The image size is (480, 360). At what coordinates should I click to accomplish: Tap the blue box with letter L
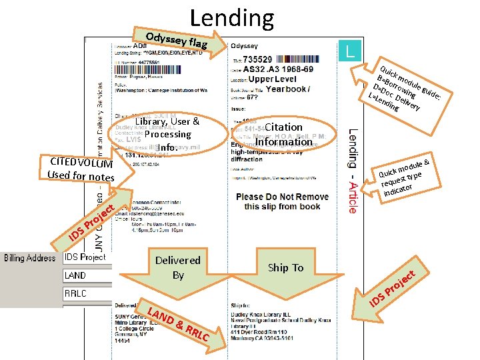pos(351,50)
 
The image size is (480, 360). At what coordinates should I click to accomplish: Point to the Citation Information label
pos(283,134)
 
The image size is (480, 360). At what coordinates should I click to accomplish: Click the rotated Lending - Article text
pos(353,171)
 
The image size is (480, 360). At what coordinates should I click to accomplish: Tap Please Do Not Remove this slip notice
pos(283,201)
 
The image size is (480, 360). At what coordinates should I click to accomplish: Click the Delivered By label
pos(177,267)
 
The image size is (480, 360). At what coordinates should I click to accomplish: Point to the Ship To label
pos(285,267)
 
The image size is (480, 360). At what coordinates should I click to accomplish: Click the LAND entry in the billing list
pos(75,275)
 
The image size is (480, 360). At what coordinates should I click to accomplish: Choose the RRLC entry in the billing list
pos(75,293)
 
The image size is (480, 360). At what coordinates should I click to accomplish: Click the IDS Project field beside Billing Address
pos(85,257)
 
